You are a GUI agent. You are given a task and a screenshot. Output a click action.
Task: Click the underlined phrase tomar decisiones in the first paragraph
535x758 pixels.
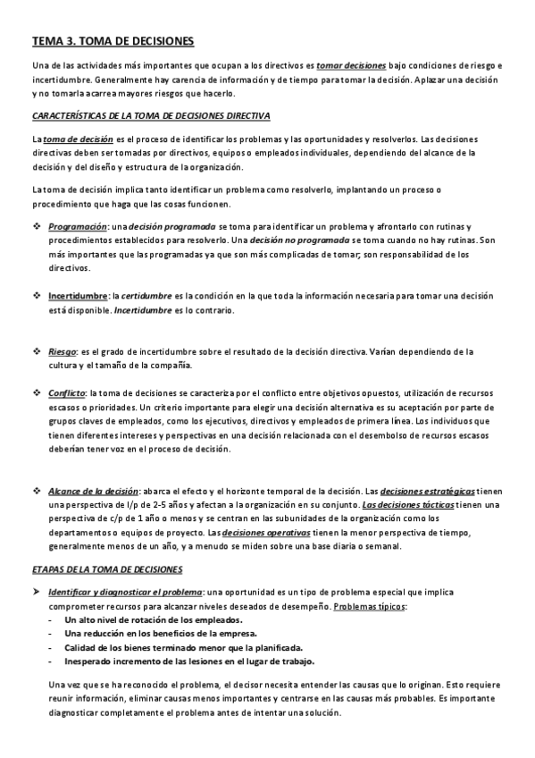point(351,66)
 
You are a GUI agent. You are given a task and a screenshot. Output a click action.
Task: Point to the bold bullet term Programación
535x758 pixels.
point(77,227)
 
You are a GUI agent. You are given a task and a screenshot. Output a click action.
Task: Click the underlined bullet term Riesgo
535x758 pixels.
point(62,351)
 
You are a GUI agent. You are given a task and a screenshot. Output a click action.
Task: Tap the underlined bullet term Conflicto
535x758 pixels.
point(66,392)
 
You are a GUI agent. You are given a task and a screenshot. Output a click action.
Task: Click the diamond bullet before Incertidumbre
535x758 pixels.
point(37,296)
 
